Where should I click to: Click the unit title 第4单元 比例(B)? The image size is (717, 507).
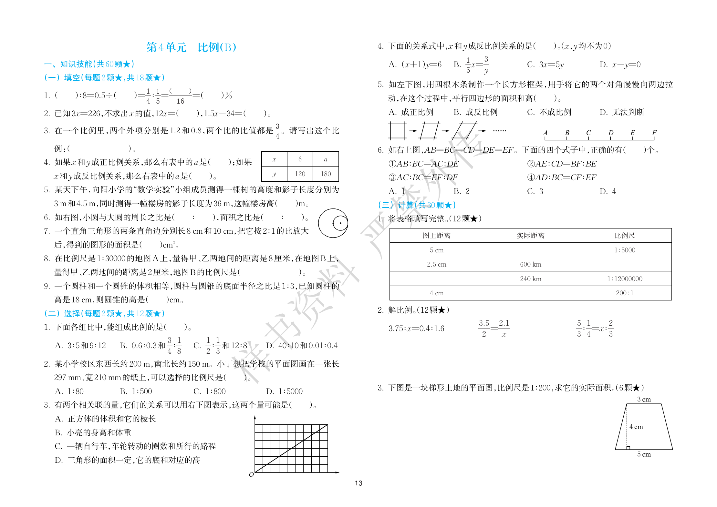191,47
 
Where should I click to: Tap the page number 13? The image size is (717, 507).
358,483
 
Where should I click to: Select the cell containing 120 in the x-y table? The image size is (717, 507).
300,174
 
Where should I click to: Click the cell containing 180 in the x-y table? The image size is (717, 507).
326,174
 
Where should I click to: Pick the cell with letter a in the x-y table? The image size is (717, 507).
326,159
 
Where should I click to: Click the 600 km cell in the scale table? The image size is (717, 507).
531,264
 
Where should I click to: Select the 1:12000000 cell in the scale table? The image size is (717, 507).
625,279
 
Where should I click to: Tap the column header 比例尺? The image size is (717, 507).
625,236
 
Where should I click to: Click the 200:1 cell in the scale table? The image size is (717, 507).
625,293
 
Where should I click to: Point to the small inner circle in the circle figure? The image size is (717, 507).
340,223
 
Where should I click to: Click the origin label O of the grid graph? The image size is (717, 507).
251,475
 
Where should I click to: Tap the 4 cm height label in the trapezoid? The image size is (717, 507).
636,427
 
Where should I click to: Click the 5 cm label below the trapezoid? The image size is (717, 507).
644,454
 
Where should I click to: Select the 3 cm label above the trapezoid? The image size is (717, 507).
644,400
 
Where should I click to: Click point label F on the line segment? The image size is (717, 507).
654,133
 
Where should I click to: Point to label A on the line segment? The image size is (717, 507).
545,133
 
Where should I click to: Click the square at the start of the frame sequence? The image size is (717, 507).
397,131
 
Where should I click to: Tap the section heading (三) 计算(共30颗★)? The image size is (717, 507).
417,205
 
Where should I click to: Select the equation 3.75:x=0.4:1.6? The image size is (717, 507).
416,329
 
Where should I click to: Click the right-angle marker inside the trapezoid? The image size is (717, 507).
628,448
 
